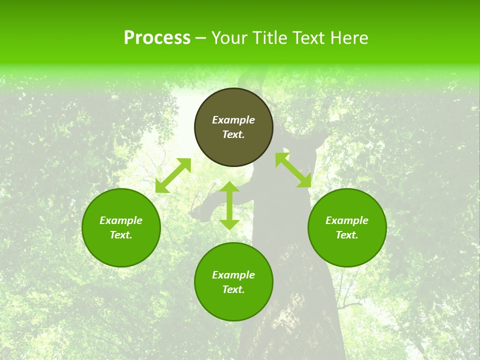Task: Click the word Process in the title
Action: [157, 38]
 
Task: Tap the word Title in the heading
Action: [270, 38]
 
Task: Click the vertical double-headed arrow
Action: [229, 205]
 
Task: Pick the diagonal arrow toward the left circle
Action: [173, 175]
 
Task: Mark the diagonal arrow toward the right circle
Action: [293, 170]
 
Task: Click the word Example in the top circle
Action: [233, 120]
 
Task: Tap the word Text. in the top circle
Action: [233, 134]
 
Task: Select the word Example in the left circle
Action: [121, 220]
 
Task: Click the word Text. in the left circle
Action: [121, 235]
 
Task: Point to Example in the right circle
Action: [347, 220]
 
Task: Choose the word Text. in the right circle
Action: [347, 235]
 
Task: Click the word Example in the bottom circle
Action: [233, 275]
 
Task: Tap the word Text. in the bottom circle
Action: [233, 289]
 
